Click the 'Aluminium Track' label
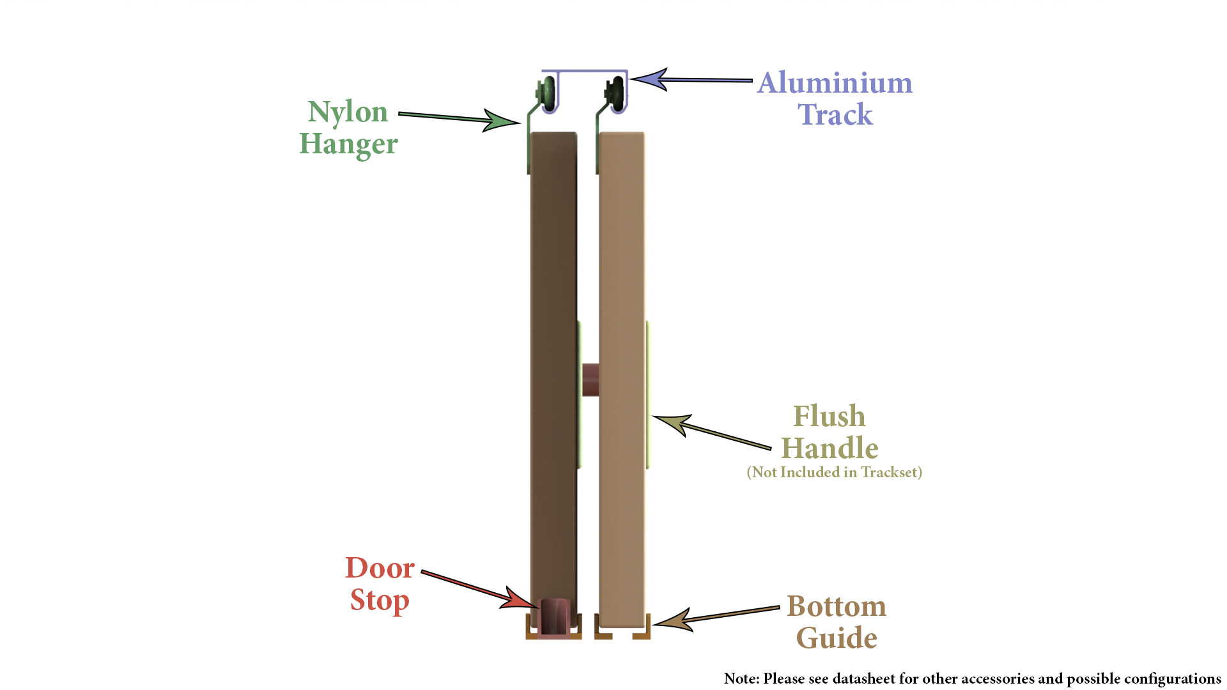pos(835,98)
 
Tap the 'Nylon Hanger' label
pos(348,127)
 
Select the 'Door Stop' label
pos(380,584)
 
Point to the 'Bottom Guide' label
pos(837,622)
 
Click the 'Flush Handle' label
pos(830,432)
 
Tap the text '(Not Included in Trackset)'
pos(835,472)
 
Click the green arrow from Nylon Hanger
pos(459,118)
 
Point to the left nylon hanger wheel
pos(548,93)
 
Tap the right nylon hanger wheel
pos(617,93)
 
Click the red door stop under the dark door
pos(554,618)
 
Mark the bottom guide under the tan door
pos(622,632)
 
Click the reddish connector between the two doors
pos(590,379)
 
